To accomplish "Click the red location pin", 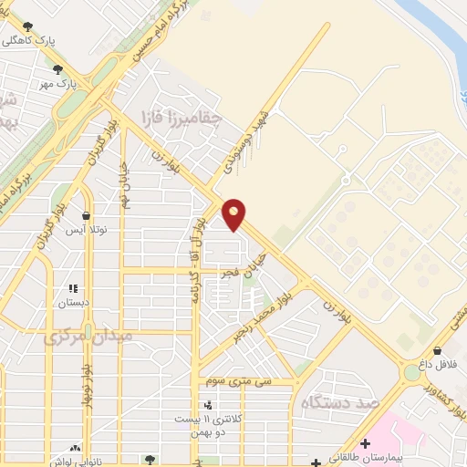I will [234, 213].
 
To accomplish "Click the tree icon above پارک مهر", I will [57, 68].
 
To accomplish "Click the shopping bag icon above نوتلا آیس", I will [87, 216].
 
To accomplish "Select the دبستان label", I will [73, 302].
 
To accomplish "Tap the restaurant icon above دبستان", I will [73, 287].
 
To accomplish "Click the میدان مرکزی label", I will [88, 337].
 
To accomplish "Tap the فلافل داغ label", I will [437, 365].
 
